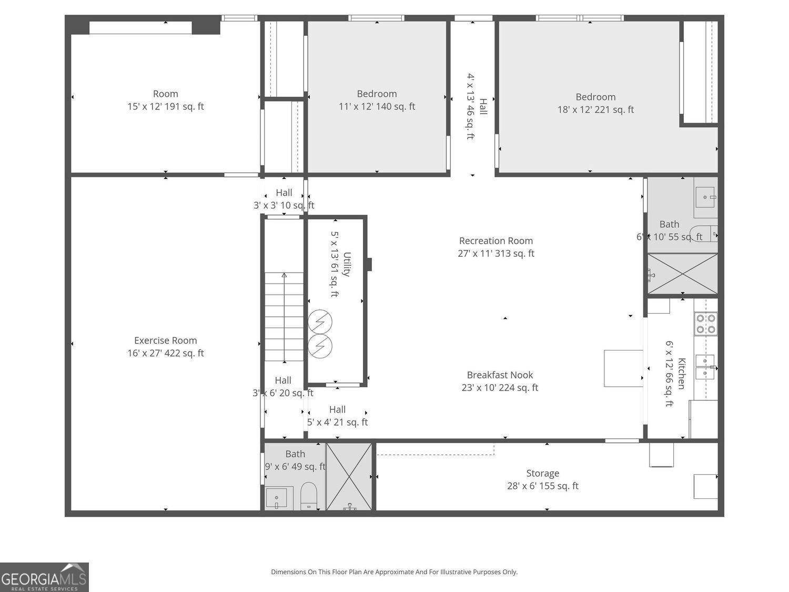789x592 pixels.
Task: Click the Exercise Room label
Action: point(165,347)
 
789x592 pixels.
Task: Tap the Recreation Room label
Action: point(495,247)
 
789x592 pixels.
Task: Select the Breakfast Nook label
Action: point(500,381)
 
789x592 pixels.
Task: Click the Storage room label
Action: point(542,479)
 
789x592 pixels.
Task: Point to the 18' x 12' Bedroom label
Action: point(595,103)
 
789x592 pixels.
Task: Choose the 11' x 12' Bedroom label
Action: point(377,100)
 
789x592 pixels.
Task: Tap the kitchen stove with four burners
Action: point(705,324)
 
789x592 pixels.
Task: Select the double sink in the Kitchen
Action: point(705,367)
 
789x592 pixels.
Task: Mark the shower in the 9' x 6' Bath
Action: point(349,477)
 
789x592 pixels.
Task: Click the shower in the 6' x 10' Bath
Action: point(682,274)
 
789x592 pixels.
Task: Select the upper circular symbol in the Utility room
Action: point(320,322)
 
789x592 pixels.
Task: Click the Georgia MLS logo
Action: point(44,577)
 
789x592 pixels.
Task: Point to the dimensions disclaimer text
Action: point(394,571)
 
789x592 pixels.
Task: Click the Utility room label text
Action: point(340,264)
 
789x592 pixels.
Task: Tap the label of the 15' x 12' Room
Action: point(165,100)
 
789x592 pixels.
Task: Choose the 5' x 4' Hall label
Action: point(337,416)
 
